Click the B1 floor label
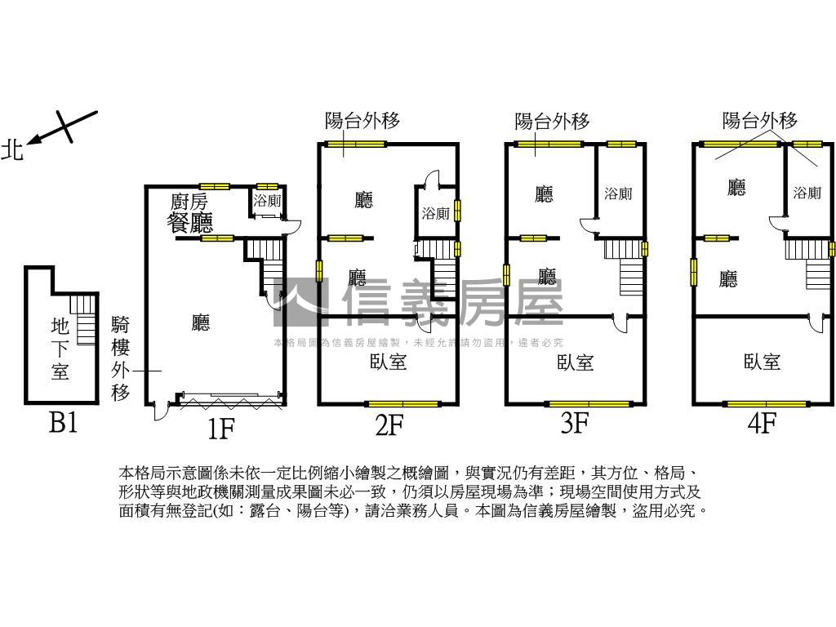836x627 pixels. [x=63, y=423]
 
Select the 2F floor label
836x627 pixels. [x=389, y=425]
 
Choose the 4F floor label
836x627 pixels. [x=761, y=425]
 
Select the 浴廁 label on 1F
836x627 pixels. [x=267, y=201]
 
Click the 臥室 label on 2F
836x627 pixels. [x=388, y=361]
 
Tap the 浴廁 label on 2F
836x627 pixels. [x=435, y=214]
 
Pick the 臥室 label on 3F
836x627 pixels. [x=575, y=362]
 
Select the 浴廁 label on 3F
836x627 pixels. [x=618, y=194]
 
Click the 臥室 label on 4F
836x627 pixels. [x=763, y=361]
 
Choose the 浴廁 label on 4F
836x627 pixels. [x=807, y=193]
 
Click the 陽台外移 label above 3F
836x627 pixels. [x=552, y=122]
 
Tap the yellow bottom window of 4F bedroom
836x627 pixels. [x=766, y=403]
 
